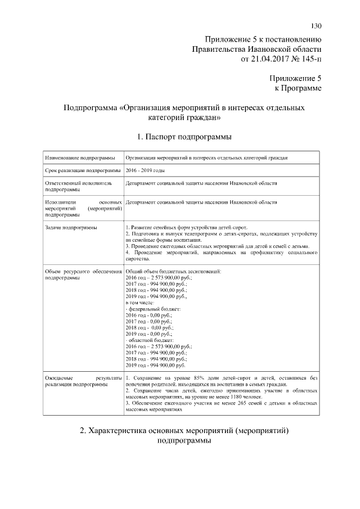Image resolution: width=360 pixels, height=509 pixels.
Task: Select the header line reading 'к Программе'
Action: click(298, 88)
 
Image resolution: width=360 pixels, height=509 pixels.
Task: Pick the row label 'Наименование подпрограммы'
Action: click(80, 158)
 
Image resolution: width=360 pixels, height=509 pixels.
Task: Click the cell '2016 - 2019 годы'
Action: click(146, 170)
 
